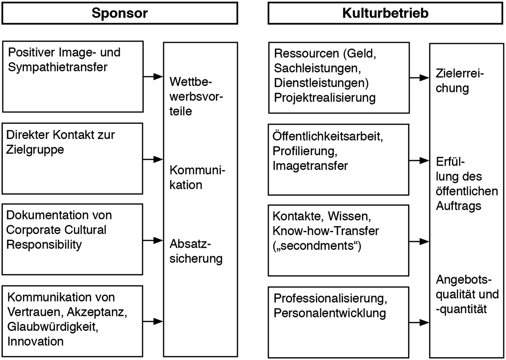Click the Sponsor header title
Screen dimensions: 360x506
119,13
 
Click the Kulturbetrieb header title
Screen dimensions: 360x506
385,13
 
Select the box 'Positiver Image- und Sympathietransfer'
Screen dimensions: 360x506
73,77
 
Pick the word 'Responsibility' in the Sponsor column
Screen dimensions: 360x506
44,245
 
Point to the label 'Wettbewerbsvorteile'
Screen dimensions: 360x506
196,97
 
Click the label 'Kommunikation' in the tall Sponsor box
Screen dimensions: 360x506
197,178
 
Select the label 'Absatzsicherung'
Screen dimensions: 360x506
196,251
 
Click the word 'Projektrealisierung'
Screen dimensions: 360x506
324,97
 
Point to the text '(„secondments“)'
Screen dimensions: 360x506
317,246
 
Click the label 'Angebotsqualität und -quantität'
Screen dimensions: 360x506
467,294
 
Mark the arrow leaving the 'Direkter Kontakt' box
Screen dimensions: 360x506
153,159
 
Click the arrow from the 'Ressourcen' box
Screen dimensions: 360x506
419,78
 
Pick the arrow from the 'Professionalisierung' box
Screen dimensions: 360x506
419,322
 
